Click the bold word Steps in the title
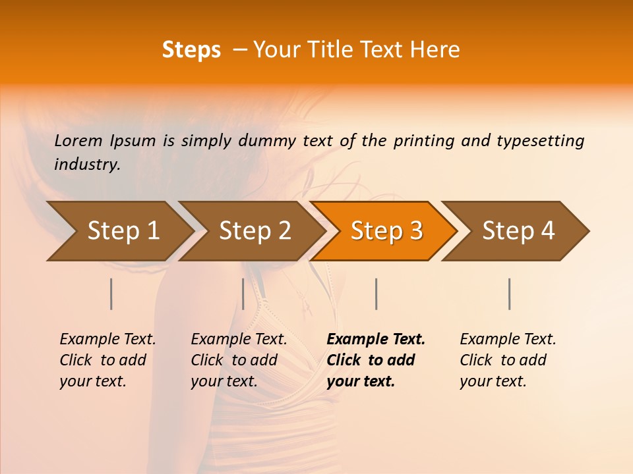pos(191,50)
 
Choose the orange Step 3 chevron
pos(386,231)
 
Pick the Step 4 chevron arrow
pos(518,231)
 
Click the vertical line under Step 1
pos(111,294)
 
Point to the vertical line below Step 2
pos(243,294)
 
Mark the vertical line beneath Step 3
pos(377,294)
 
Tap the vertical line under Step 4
pos(510,294)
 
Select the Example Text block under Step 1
pos(107,360)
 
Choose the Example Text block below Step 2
pos(239,360)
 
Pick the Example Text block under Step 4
pos(508,360)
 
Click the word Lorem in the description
pos(78,141)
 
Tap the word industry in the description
pos(86,165)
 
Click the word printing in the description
pos(424,141)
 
